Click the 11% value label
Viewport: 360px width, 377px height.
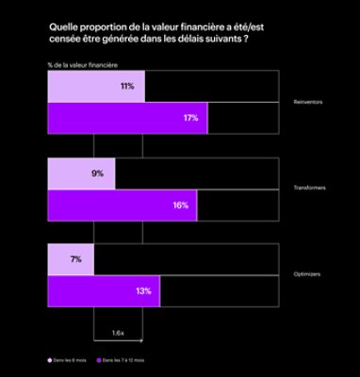click(126, 86)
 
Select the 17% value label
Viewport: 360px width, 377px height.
click(190, 119)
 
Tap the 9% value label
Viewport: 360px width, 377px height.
click(98, 172)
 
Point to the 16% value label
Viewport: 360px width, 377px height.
click(180, 205)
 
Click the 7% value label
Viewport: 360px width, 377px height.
click(75, 258)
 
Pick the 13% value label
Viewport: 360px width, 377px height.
click(143, 291)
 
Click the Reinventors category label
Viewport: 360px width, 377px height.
click(307, 102)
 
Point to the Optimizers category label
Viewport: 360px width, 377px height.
click(307, 274)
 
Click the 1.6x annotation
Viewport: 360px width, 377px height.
click(118, 333)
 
